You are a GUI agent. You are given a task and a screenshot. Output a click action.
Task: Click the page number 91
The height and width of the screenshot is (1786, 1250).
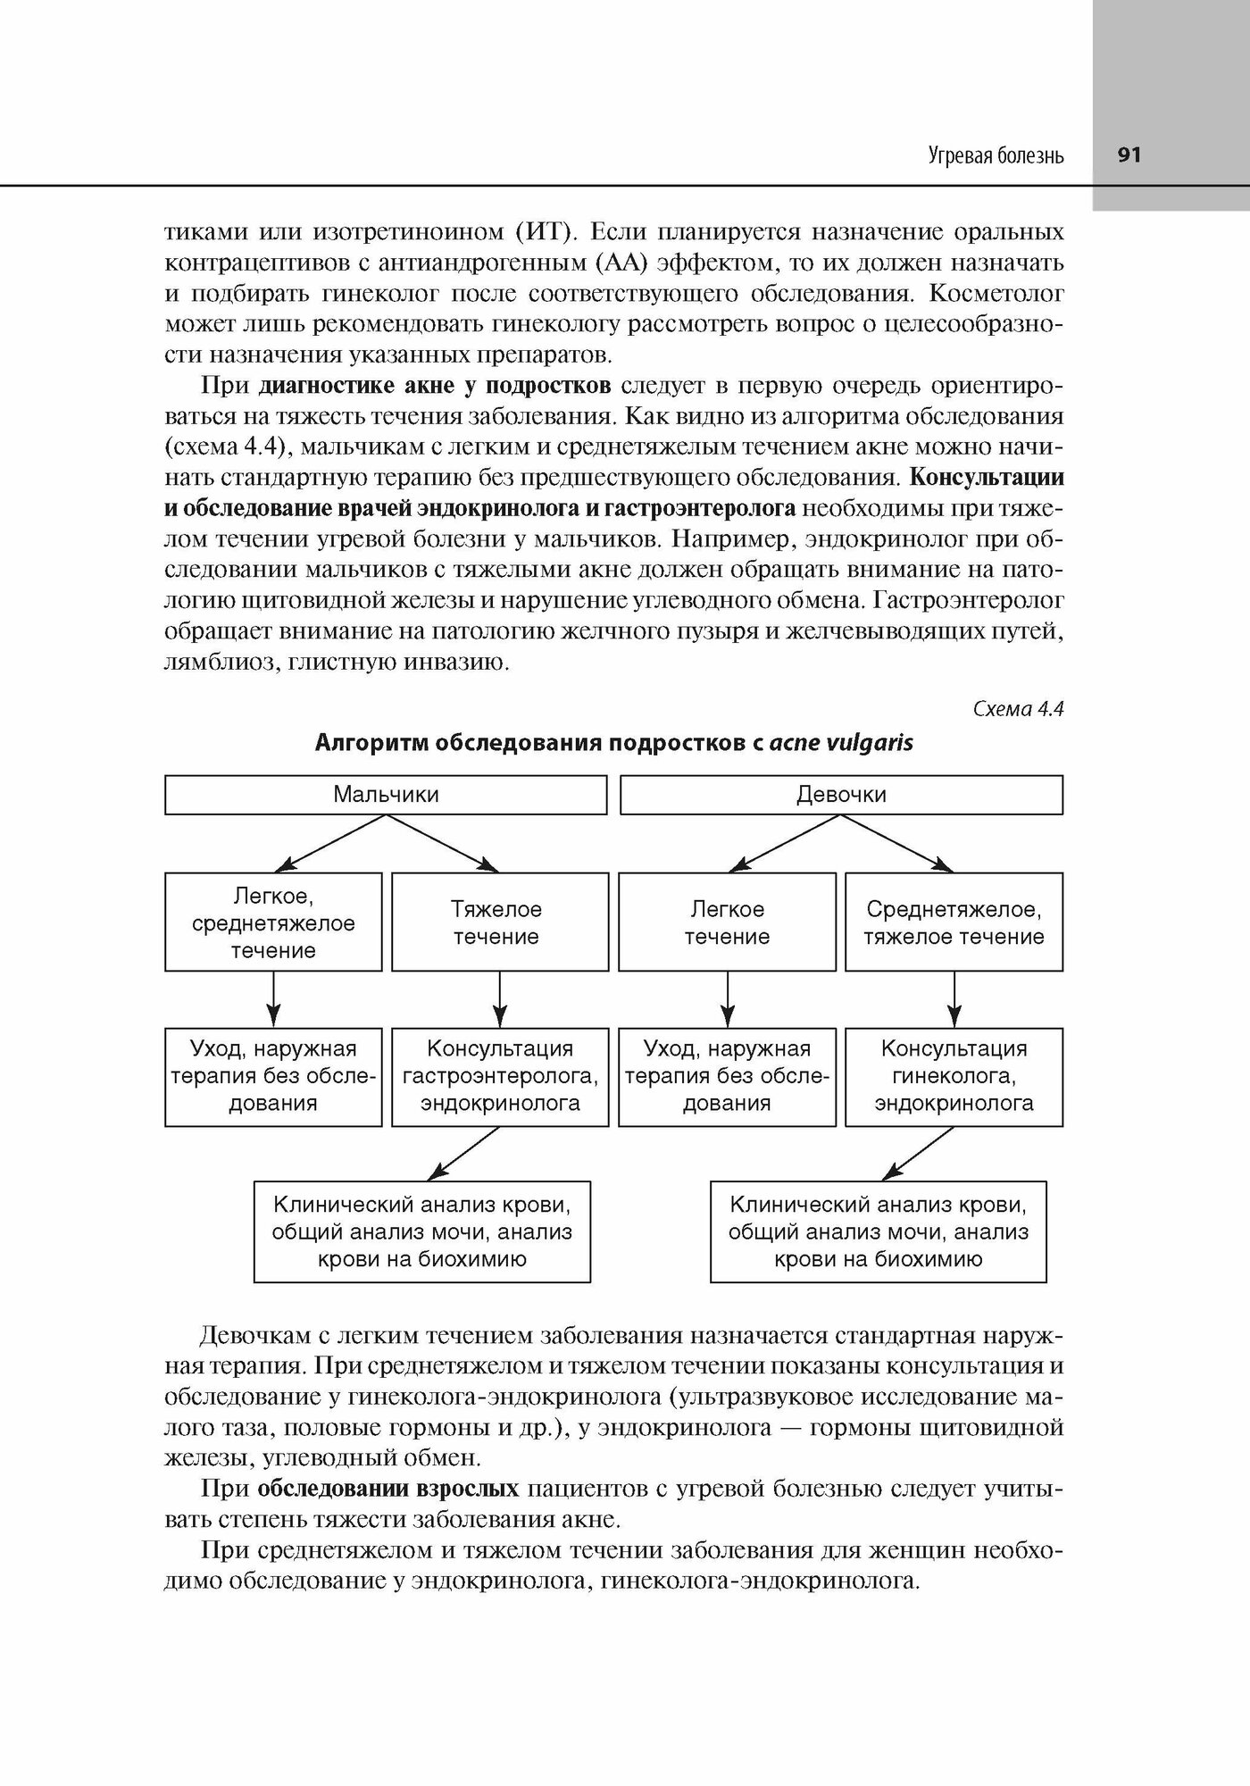[1129, 155]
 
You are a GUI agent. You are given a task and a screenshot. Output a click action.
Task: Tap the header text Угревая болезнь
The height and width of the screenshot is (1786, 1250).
[996, 156]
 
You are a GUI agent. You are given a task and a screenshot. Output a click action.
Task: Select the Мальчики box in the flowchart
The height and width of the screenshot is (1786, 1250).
[386, 795]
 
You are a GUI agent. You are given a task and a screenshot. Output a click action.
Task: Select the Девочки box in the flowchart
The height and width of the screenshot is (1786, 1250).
[841, 795]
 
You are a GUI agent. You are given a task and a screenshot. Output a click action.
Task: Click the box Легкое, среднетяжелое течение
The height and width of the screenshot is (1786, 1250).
[273, 922]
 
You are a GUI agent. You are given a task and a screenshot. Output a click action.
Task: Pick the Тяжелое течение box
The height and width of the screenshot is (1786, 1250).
[500, 922]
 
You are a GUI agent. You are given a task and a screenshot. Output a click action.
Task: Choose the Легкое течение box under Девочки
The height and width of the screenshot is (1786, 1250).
[727, 922]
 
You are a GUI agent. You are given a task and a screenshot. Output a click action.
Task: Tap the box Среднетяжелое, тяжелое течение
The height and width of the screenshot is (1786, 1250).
[954, 922]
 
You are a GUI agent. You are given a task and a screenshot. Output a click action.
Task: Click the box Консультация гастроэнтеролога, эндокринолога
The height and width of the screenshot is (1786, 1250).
[500, 1076]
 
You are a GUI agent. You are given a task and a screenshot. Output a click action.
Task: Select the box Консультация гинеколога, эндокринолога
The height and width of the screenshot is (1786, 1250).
[954, 1076]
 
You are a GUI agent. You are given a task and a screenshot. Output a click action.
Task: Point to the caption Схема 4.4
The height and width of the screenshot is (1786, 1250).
[1017, 709]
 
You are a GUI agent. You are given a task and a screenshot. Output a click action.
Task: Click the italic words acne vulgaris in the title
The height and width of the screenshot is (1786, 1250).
[841, 743]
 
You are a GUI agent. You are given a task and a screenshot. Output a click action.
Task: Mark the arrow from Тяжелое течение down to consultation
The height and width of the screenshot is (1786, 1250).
[500, 999]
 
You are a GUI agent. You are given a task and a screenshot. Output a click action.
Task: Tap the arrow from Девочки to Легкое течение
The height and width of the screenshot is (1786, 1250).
[786, 844]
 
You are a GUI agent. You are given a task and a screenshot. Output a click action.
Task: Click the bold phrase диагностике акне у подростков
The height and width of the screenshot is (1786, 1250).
[435, 386]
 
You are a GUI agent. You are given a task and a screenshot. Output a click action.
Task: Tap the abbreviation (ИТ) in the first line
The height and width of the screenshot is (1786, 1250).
[542, 233]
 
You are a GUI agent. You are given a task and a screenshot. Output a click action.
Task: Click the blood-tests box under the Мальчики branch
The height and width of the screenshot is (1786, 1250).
[422, 1232]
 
